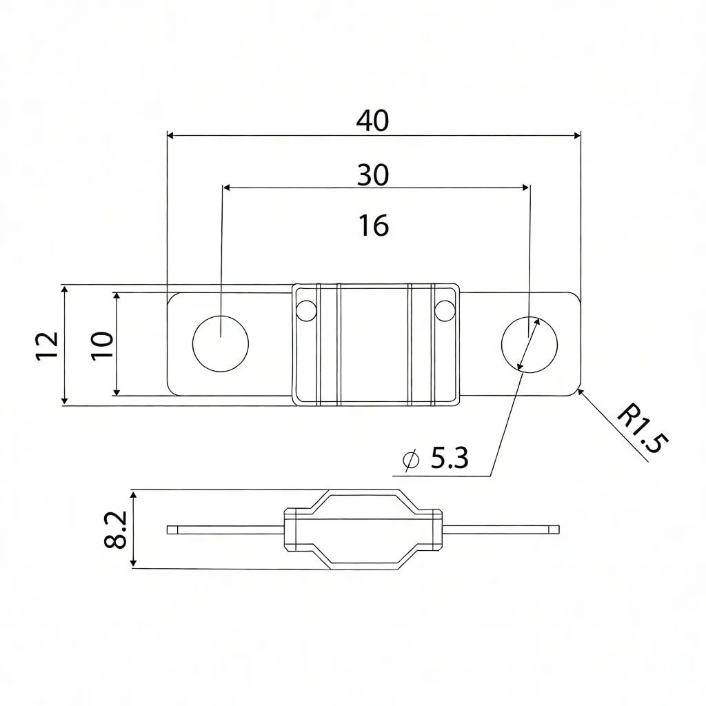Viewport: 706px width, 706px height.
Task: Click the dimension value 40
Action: (x=373, y=121)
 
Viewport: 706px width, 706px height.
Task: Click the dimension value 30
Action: (x=373, y=175)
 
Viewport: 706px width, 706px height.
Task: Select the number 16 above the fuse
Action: (x=374, y=225)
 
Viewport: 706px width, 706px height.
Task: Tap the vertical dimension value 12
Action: (x=46, y=345)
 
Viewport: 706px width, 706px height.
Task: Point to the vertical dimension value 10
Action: (x=101, y=344)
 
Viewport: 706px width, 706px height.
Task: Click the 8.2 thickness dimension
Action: (x=115, y=529)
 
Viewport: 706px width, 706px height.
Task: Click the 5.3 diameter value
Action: (x=450, y=458)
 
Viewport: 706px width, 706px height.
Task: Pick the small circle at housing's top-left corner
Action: (x=304, y=312)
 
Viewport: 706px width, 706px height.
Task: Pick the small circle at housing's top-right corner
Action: (x=445, y=312)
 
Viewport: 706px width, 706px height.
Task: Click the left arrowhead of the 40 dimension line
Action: (x=172, y=136)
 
